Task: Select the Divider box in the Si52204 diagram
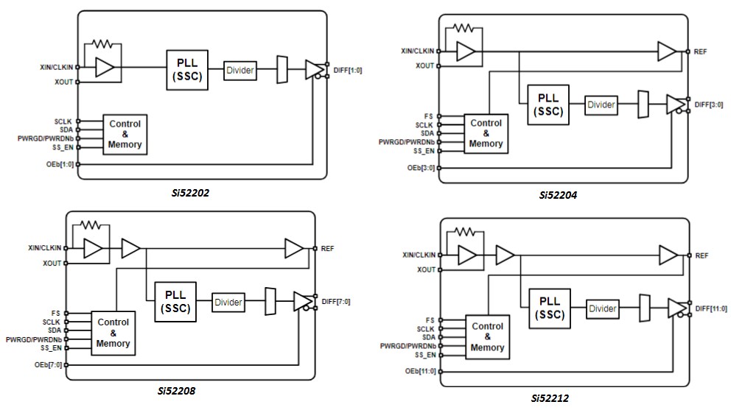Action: (601, 105)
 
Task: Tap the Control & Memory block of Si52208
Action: (113, 333)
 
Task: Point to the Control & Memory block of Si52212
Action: (487, 337)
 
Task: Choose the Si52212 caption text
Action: (555, 398)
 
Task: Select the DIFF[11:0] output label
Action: (709, 308)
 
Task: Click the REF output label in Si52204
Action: (701, 52)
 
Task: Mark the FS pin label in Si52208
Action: (57, 313)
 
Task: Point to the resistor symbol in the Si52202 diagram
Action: (103, 44)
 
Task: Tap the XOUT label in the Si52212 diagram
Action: (426, 270)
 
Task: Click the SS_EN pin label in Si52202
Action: (61, 147)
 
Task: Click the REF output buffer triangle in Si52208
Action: (295, 249)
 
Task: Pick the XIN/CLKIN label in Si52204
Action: (417, 51)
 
